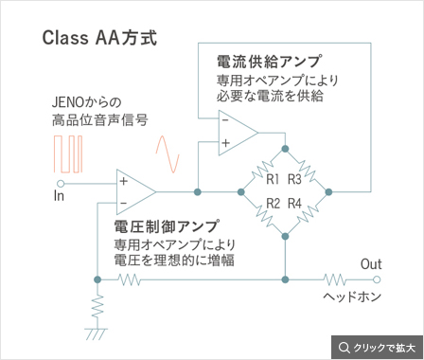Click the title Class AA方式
coord(99,38)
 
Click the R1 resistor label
coord(273,179)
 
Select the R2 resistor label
coord(273,204)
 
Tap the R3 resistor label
coord(294,179)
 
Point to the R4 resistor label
coord(294,204)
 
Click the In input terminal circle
coord(61,184)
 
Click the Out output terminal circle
coord(377,279)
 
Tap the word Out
coord(371,264)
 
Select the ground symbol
coord(97,334)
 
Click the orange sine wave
coord(168,154)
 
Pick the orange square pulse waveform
coord(68,154)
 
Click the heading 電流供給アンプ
coord(270,61)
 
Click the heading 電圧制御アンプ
coord(167,226)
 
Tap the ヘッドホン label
coord(352,297)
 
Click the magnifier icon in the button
coord(344,348)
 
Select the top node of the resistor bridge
coord(285,149)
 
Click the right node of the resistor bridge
coord(328,191)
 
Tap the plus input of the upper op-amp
coord(225,143)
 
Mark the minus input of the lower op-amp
coord(123,203)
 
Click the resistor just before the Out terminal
coord(335,279)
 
